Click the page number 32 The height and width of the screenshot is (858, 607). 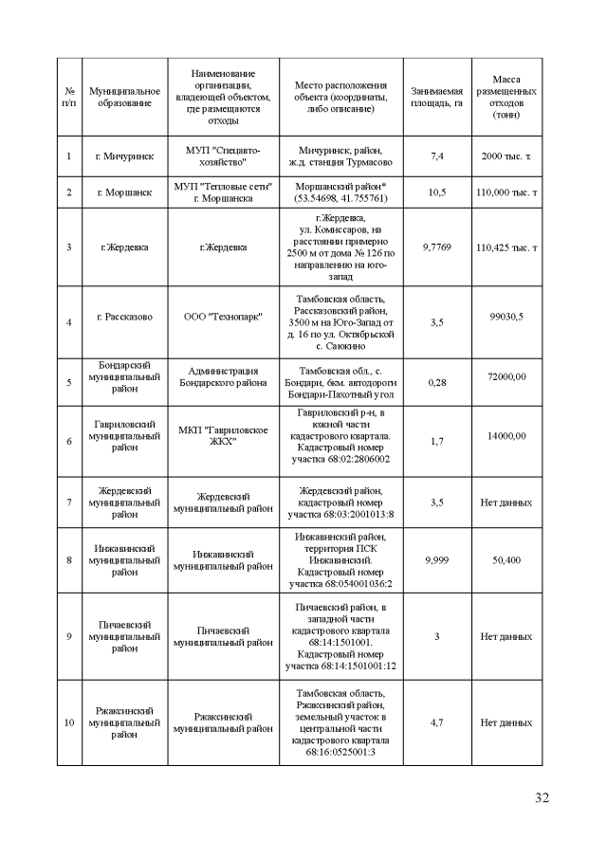tap(542, 796)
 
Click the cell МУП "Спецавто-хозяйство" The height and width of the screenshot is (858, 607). tap(222, 155)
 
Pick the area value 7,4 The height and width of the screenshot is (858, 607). tap(436, 155)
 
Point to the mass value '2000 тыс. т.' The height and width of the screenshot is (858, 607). tap(506, 155)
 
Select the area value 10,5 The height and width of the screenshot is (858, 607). tap(436, 192)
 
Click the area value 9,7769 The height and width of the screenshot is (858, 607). tap(436, 247)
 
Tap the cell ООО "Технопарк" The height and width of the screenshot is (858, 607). tap(222, 317)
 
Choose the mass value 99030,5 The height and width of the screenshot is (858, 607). tap(506, 317)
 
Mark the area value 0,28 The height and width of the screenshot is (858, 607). tap(436, 382)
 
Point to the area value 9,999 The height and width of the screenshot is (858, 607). tap(436, 559)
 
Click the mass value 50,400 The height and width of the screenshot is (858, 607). tap(506, 559)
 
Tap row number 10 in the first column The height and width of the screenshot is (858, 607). tap(68, 722)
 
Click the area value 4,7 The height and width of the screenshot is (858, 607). tap(436, 722)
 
